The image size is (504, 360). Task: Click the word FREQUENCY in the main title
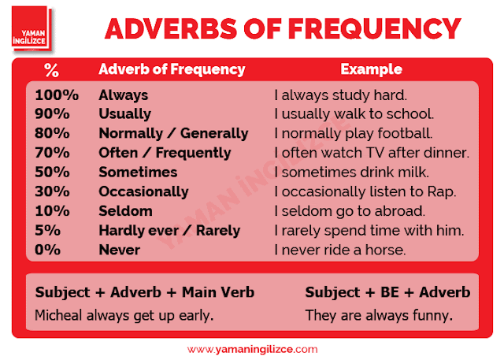(375, 28)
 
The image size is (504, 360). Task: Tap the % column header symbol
(51, 70)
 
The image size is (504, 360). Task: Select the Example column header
(371, 69)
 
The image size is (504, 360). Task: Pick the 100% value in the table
(57, 95)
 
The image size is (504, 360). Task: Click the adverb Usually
(124, 114)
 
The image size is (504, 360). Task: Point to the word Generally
(214, 134)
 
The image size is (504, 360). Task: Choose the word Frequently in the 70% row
(193, 153)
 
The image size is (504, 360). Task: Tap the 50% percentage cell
(52, 173)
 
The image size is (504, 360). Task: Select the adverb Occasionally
(143, 192)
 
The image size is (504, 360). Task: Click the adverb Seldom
(125, 211)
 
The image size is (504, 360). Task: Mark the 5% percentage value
(47, 231)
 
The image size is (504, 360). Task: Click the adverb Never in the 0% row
(119, 250)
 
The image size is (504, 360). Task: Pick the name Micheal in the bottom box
(58, 315)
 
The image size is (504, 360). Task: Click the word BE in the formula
(390, 292)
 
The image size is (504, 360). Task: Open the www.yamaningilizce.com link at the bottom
(252, 350)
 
